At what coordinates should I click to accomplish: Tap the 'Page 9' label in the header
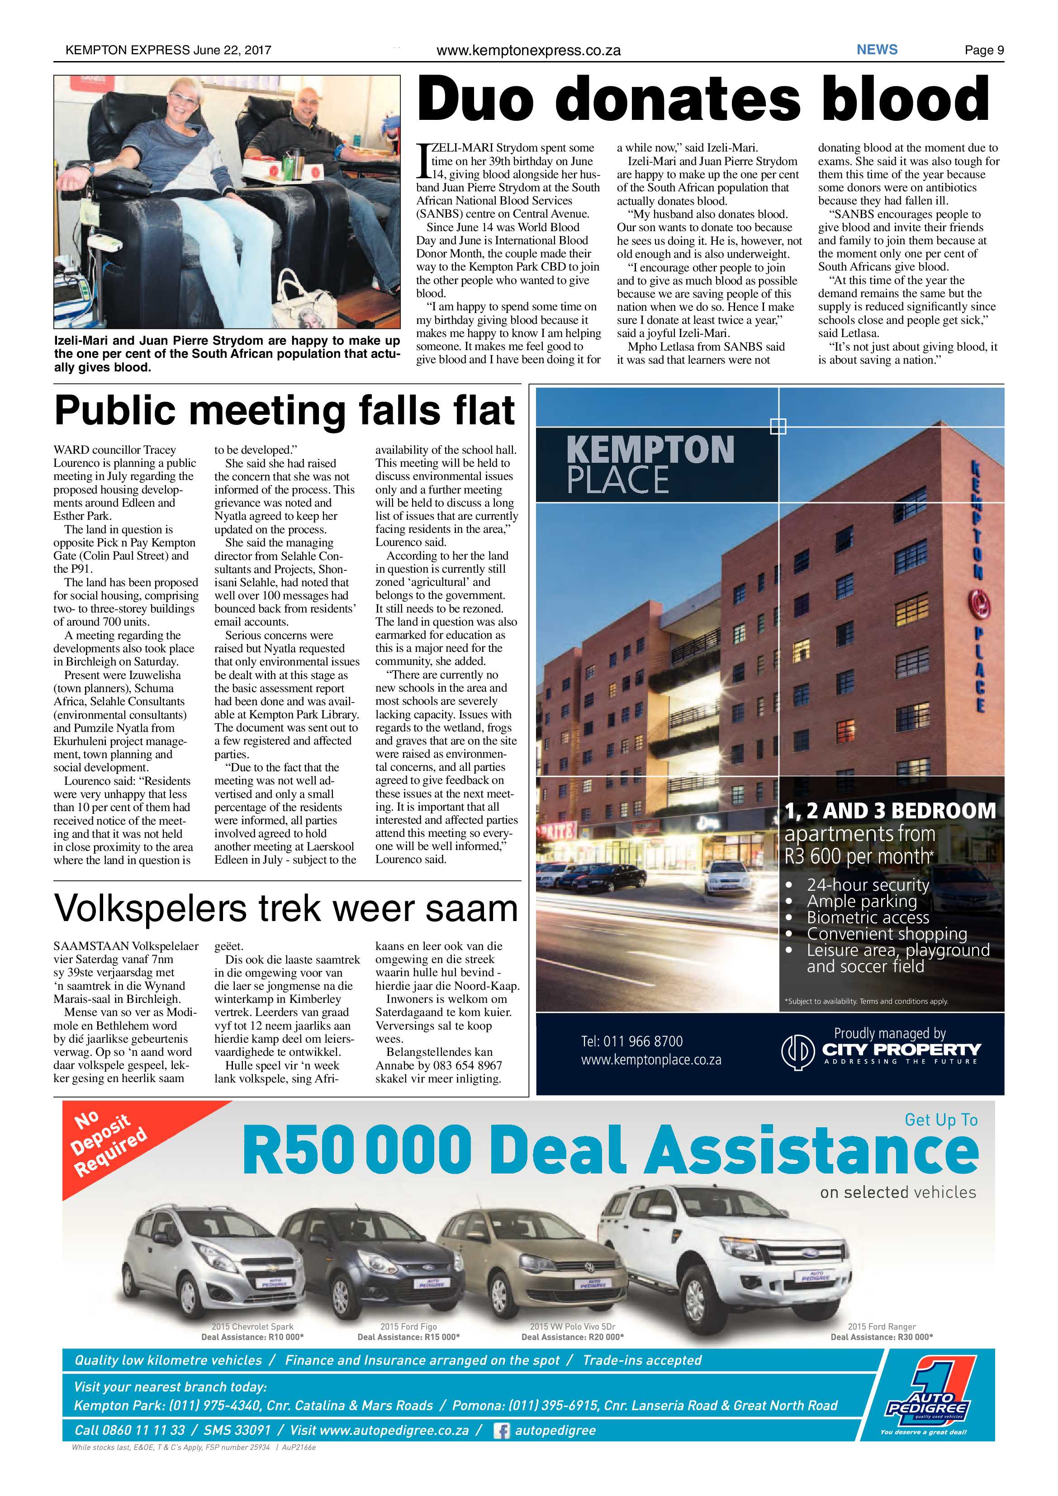point(984,50)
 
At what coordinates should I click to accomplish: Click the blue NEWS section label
point(877,49)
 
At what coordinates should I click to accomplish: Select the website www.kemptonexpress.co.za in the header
point(528,50)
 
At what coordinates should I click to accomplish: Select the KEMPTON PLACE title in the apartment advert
point(650,465)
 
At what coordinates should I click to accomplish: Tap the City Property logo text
point(901,1049)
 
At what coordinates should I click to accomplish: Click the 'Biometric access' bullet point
point(868,917)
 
